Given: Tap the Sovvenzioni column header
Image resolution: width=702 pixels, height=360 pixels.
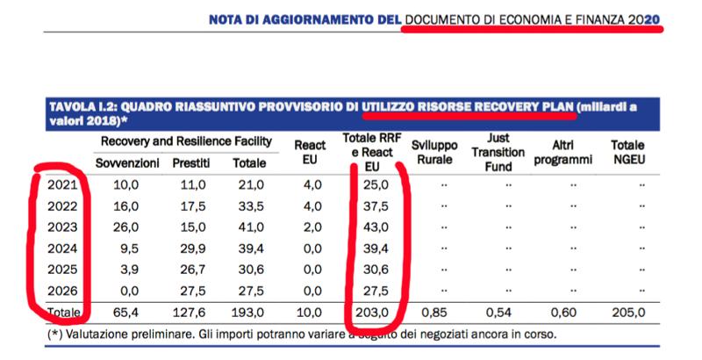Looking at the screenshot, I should tap(128, 162).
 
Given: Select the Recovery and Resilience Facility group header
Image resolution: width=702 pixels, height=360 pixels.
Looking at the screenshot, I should tap(186, 141).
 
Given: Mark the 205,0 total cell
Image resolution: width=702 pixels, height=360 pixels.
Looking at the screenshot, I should tap(628, 312).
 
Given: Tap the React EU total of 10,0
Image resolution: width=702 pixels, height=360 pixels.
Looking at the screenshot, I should tap(310, 312).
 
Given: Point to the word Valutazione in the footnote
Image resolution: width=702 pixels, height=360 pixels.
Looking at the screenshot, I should tap(100, 335).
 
